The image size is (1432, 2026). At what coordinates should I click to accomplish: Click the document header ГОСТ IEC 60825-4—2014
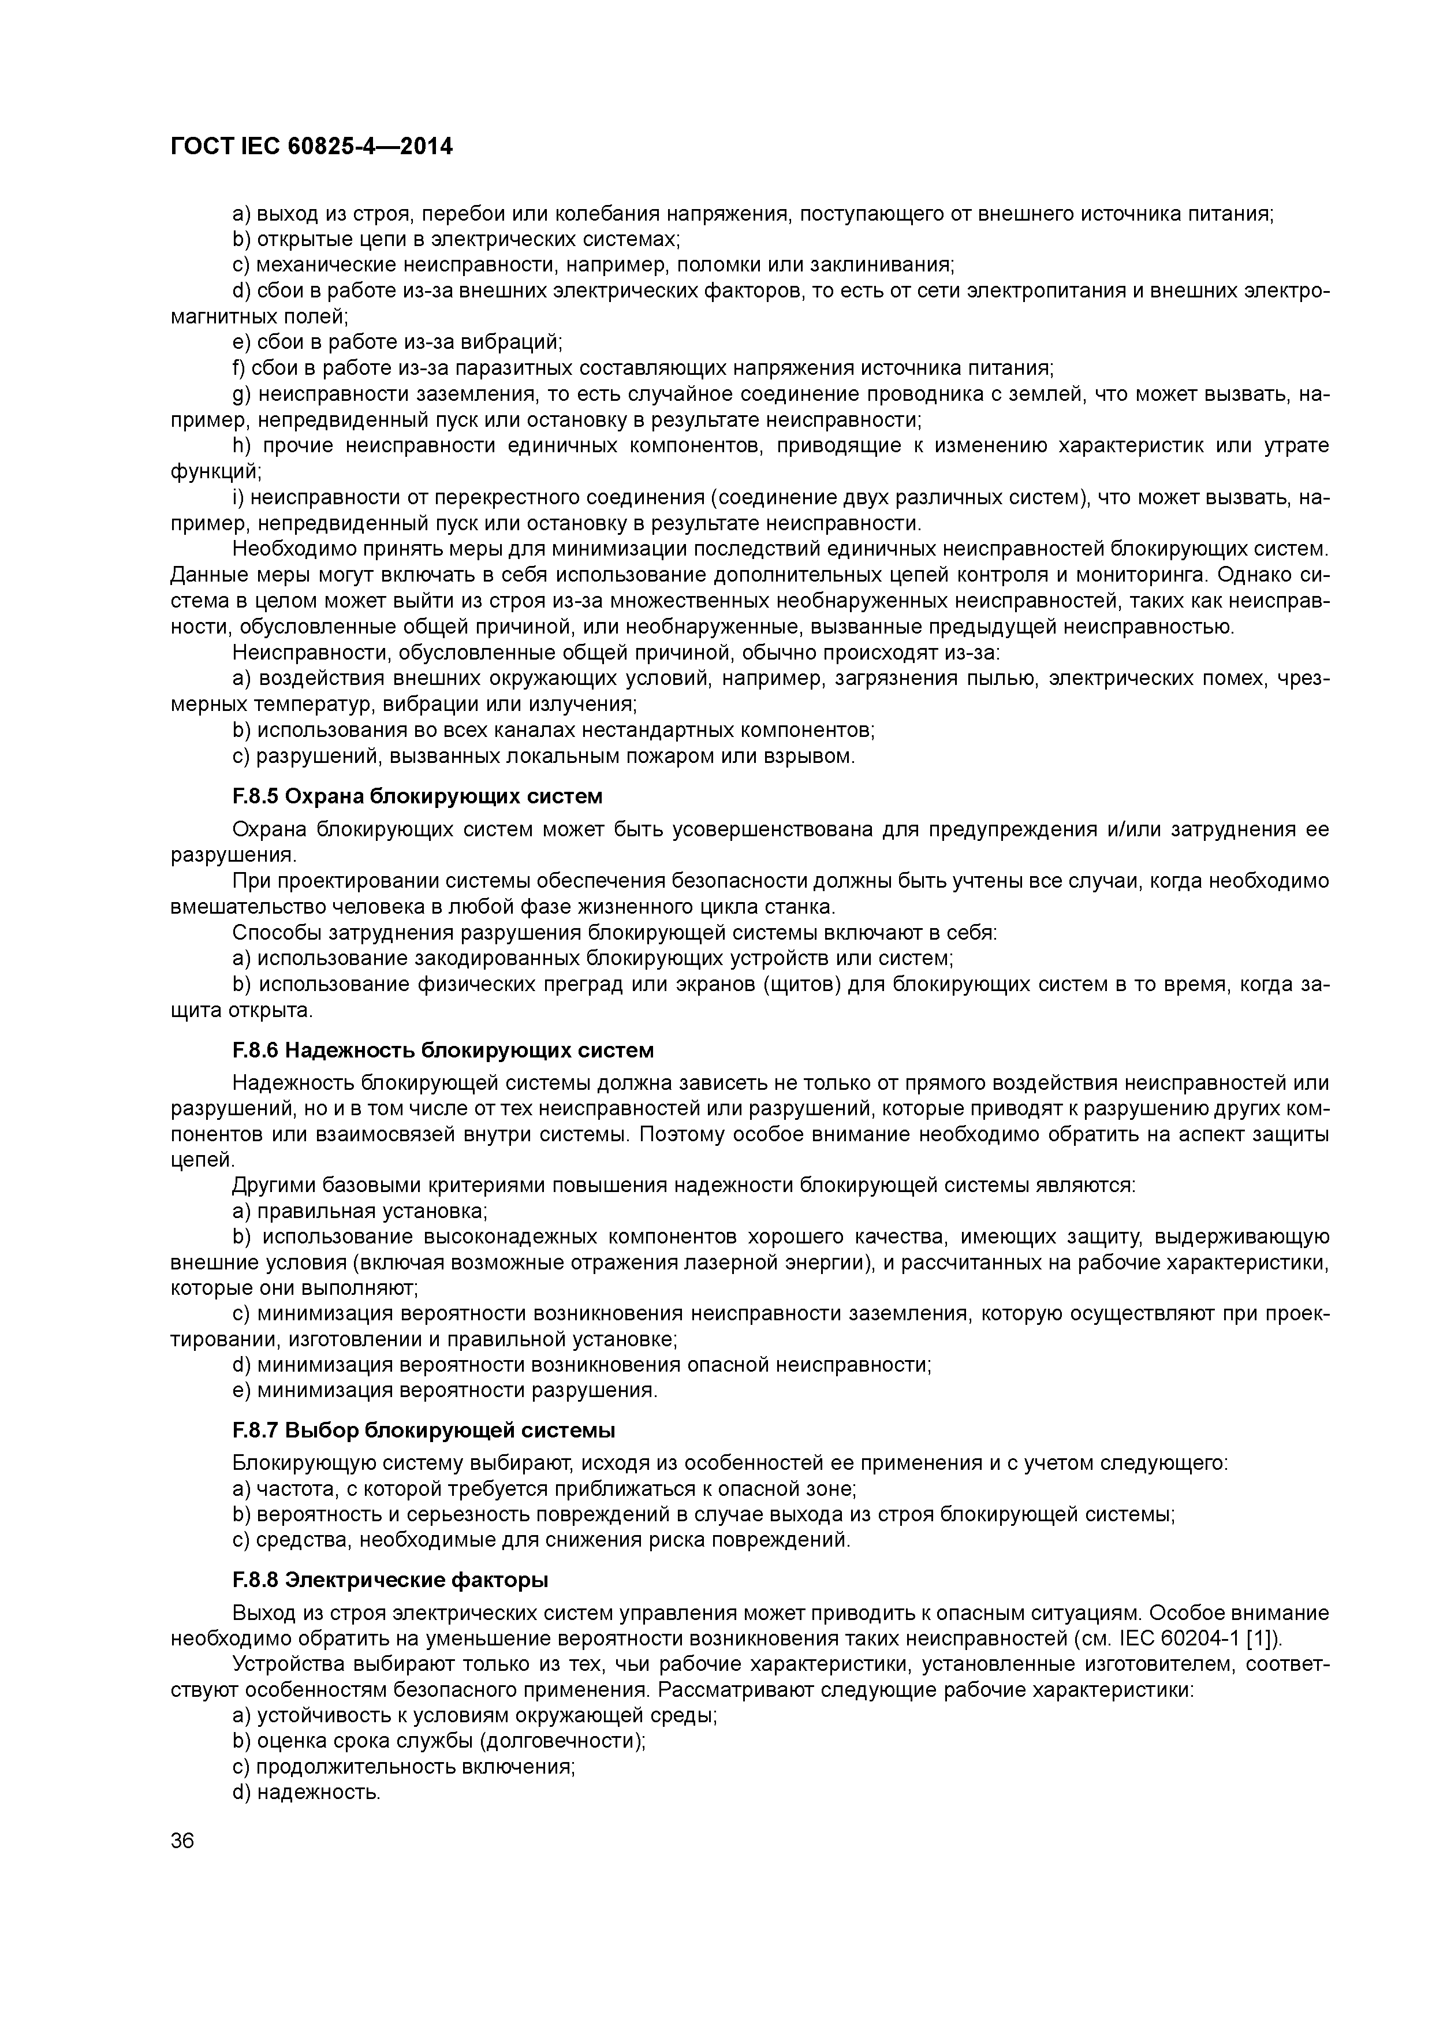311,147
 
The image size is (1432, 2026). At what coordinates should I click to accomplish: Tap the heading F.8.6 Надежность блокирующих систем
442,1050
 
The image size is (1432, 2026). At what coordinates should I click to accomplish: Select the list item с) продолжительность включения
402,1767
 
